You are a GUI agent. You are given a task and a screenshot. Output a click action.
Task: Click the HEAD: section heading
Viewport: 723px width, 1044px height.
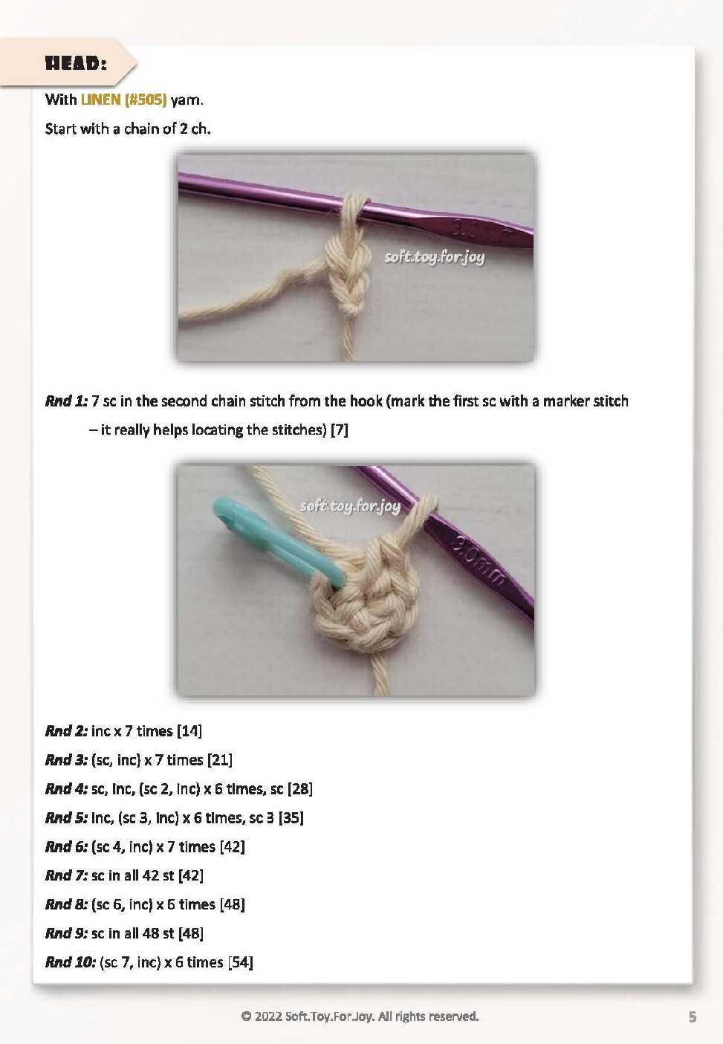click(x=76, y=63)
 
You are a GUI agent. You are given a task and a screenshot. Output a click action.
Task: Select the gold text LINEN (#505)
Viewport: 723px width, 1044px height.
click(x=123, y=100)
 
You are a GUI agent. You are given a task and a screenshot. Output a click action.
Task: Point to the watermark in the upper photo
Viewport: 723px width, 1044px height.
click(x=435, y=258)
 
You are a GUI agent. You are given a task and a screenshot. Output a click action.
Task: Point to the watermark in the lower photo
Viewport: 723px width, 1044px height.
click(x=350, y=506)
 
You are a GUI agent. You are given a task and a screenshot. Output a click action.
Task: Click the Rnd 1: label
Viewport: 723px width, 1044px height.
click(x=66, y=401)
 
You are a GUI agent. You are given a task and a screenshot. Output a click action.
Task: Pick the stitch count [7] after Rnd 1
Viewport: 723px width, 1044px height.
click(x=340, y=429)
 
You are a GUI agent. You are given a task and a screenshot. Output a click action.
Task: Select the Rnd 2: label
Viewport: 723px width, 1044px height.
click(x=66, y=730)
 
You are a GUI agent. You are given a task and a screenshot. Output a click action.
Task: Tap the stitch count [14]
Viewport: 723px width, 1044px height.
click(x=189, y=730)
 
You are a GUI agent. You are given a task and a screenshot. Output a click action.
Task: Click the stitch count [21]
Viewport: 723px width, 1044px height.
click(x=220, y=759)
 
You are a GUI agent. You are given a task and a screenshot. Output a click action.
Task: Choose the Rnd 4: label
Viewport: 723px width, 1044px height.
click(x=66, y=788)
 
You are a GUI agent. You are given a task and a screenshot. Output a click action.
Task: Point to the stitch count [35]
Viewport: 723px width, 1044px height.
click(x=291, y=817)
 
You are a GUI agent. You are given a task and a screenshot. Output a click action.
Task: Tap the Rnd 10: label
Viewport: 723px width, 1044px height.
click(x=71, y=962)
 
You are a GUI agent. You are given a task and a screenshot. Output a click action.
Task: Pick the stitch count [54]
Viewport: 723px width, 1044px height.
click(x=241, y=962)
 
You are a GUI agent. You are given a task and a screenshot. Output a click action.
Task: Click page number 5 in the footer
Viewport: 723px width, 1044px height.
click(x=693, y=1017)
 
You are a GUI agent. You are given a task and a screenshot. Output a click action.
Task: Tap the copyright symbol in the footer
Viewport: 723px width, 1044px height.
click(x=246, y=1016)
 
